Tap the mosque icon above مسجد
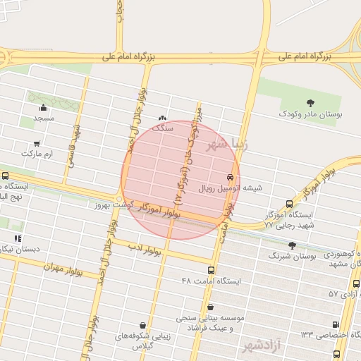tap(44, 108)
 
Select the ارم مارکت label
tap(37, 152)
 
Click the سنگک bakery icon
tap(164, 118)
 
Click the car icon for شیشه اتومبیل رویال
tap(231, 176)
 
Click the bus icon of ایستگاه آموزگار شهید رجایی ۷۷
tap(289, 204)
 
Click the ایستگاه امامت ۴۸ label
tap(211, 281)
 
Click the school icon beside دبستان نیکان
tap(18, 238)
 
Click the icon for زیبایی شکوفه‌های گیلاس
tap(144, 325)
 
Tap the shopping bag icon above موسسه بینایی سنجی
tap(211, 307)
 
